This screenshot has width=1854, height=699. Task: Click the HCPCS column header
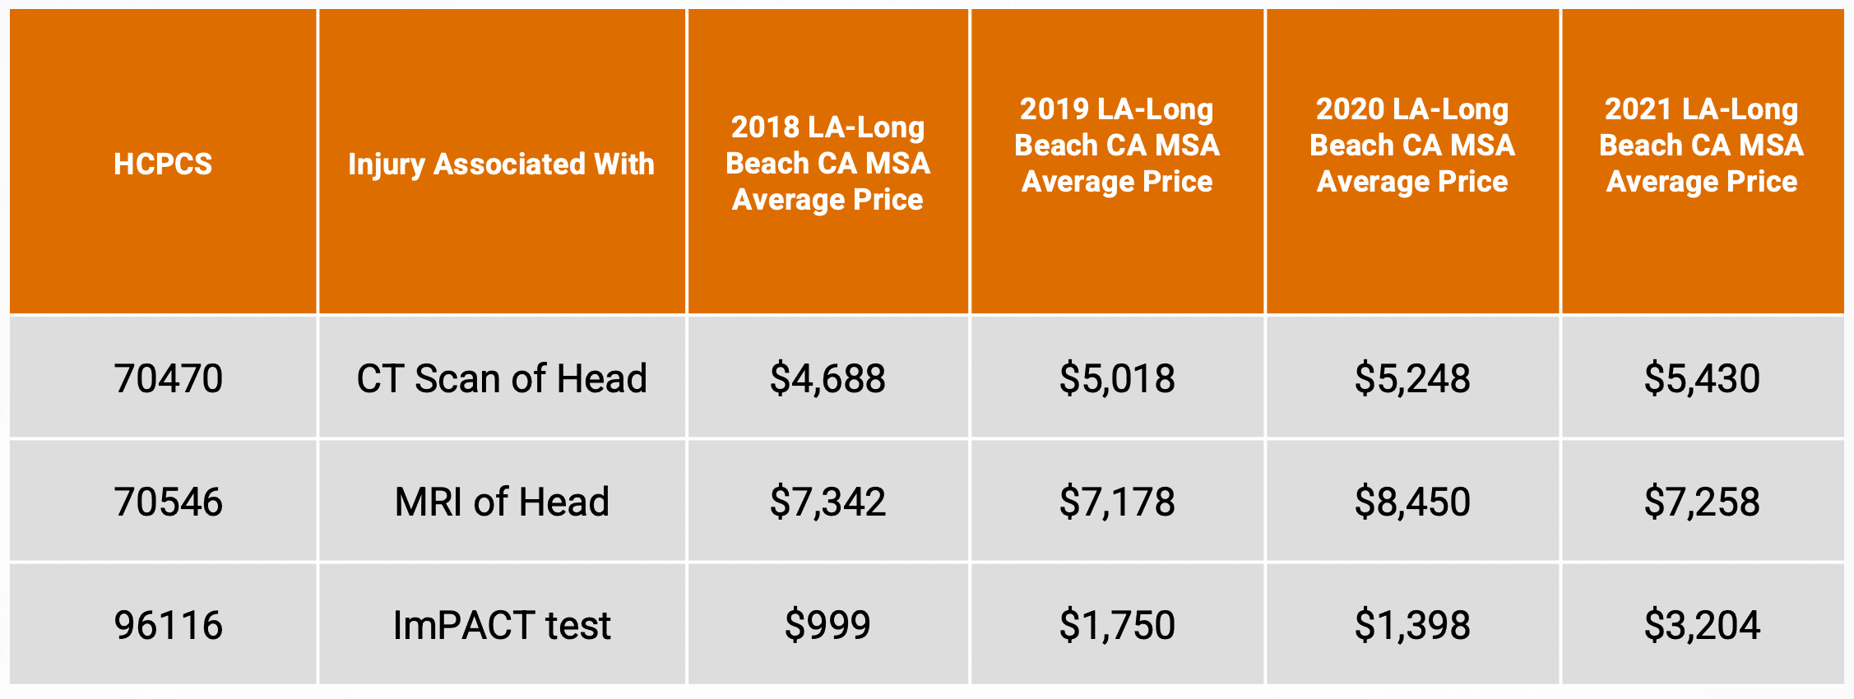click(163, 164)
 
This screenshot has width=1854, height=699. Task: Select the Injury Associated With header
click(501, 164)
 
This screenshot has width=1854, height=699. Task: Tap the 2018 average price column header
click(827, 163)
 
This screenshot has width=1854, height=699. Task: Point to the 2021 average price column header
click(1701, 145)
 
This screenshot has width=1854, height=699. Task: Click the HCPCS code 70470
click(169, 378)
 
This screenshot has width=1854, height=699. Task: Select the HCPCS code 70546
click(169, 502)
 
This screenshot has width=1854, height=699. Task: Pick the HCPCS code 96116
click(169, 625)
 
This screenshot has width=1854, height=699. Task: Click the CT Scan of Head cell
click(502, 378)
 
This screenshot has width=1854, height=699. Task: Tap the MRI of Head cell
click(502, 502)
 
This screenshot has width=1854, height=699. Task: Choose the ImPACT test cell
click(502, 625)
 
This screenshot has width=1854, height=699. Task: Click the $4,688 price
click(827, 378)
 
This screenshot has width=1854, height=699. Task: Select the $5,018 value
click(1117, 378)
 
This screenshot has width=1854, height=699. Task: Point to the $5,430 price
click(1702, 378)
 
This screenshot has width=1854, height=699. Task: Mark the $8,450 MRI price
click(1412, 502)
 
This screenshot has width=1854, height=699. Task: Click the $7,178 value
click(1117, 502)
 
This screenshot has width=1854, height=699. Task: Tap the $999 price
click(827, 625)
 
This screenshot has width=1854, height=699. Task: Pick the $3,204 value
click(1702, 625)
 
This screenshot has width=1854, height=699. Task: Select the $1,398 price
click(1412, 625)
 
